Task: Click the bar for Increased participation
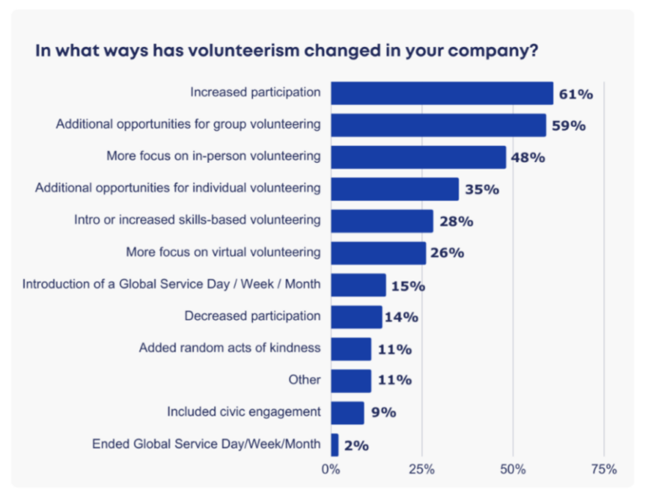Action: tap(442, 92)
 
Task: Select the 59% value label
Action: tap(568, 126)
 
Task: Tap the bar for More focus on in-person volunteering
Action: tap(418, 157)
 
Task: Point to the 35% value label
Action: tap(481, 190)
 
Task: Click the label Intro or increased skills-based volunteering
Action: tap(197, 220)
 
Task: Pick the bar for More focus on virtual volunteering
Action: tap(378, 253)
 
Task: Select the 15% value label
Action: tap(407, 286)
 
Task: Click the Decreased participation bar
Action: tap(356, 317)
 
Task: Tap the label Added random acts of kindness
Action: tap(229, 348)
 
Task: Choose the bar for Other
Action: tap(351, 380)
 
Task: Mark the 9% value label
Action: tap(384, 412)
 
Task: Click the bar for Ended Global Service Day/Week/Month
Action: tap(335, 444)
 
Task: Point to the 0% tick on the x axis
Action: tap(331, 469)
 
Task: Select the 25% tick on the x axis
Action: tap(422, 469)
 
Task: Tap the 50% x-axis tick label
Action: tap(512, 469)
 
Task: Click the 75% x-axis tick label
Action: tap(603, 469)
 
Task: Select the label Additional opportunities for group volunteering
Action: tap(188, 124)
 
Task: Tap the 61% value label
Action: tap(575, 94)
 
